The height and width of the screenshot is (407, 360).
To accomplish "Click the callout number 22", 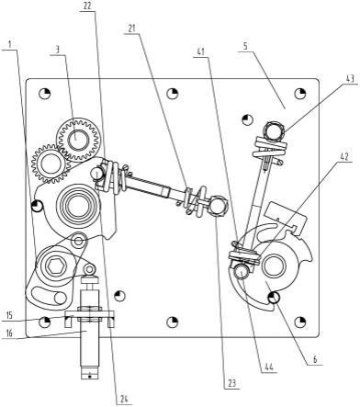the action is click(x=87, y=6).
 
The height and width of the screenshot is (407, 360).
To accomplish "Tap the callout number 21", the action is click(x=131, y=28).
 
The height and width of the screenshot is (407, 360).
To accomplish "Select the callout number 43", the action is click(x=350, y=78).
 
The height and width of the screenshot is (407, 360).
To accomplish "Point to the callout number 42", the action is click(x=343, y=157).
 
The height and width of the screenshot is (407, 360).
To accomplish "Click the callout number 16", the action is click(x=9, y=333).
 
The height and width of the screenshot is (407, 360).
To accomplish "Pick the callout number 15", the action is click(x=9, y=315).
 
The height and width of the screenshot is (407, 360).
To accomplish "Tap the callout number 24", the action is click(x=124, y=400).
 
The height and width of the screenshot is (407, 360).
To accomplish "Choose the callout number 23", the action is click(x=231, y=384).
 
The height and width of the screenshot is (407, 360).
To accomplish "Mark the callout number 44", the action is click(x=268, y=367).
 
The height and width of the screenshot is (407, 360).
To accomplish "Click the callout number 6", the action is click(x=315, y=359).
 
